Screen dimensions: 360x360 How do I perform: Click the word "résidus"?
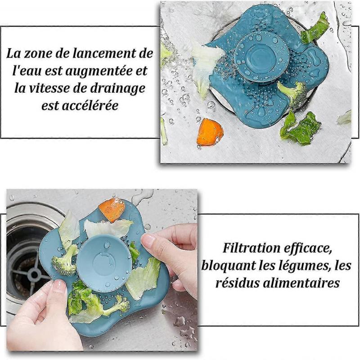237,283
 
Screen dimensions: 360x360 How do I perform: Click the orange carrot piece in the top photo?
210,132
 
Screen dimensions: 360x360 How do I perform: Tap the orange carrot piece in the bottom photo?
112,210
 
